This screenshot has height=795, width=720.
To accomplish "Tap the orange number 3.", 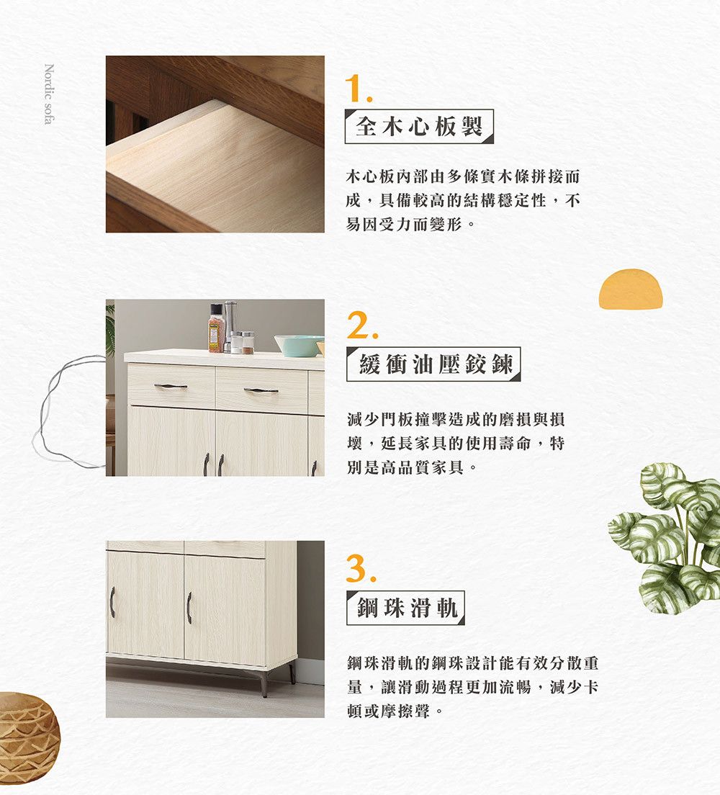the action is [x=361, y=568].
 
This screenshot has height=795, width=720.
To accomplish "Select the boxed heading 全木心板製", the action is [x=419, y=126].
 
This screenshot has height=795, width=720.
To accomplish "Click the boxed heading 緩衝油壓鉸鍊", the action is [x=433, y=364].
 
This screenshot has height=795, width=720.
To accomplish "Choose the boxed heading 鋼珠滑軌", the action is [x=405, y=607].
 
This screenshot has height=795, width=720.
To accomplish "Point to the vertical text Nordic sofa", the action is [x=49, y=94].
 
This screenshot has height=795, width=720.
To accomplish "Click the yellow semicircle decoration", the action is [x=631, y=289].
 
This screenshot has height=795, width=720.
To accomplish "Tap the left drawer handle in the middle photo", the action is [x=171, y=387].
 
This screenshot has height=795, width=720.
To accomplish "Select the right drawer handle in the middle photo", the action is [x=261, y=390].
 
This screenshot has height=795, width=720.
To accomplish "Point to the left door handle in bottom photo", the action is [x=112, y=602].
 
